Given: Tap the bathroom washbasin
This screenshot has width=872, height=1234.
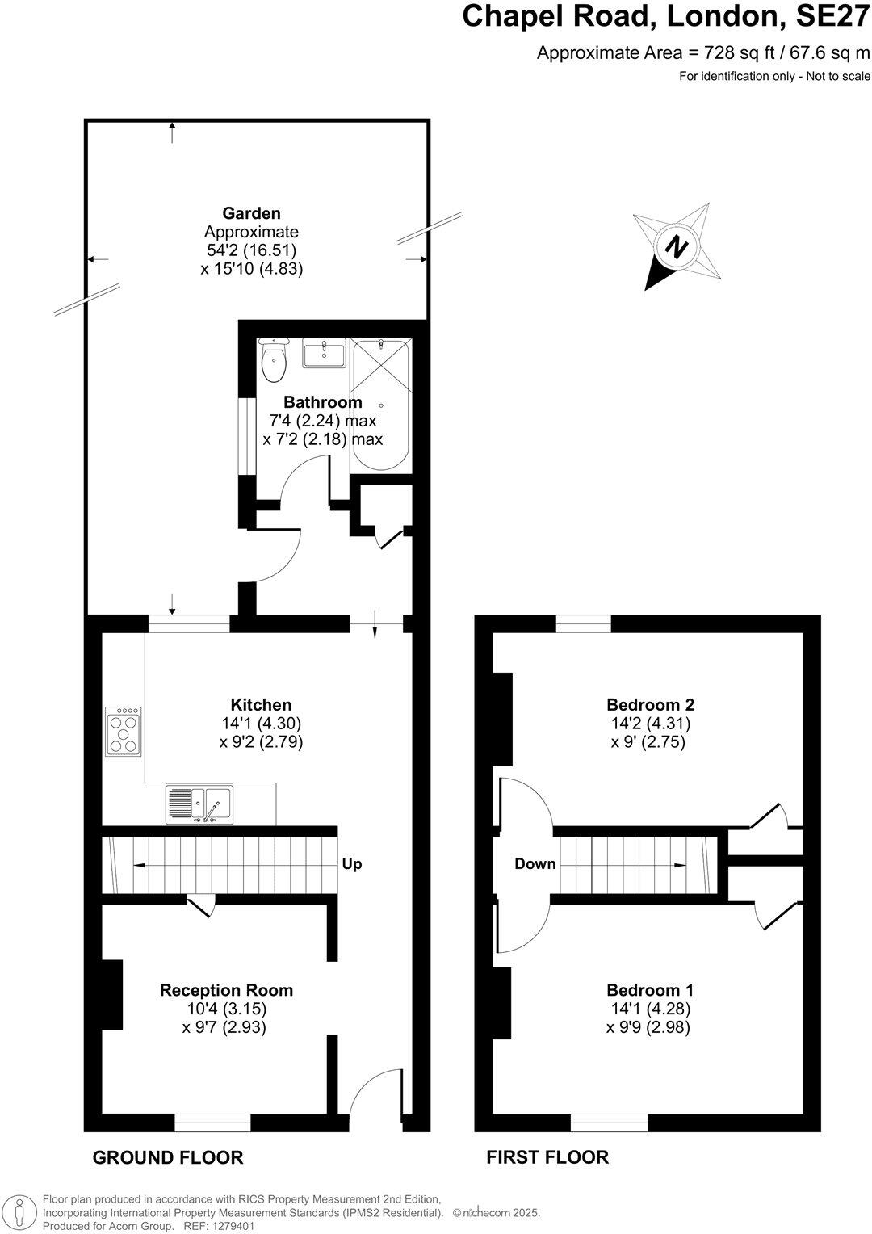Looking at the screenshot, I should [325, 354].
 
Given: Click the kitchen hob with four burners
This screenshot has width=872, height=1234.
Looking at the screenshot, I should [124, 732].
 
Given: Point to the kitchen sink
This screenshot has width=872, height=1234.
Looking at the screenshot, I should [199, 804].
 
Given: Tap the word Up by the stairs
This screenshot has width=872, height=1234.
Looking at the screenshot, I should [352, 864].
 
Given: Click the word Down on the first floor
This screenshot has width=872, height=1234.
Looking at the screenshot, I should [535, 864].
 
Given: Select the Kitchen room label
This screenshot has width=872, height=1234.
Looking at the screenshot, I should [261, 705].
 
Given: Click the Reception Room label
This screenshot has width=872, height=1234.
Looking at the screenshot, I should [226, 990].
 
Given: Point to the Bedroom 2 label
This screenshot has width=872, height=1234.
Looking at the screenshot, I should [650, 705].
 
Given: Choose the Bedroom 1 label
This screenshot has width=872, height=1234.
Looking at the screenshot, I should [650, 990].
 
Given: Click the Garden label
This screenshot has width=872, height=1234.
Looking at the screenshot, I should [252, 213].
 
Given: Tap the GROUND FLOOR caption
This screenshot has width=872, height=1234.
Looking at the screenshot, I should [168, 1157].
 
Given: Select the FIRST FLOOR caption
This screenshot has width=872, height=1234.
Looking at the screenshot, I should [547, 1157].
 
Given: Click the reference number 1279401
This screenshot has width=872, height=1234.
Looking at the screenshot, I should [230, 1225].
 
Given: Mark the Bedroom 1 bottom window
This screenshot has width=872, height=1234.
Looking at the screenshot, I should [610, 1123].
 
